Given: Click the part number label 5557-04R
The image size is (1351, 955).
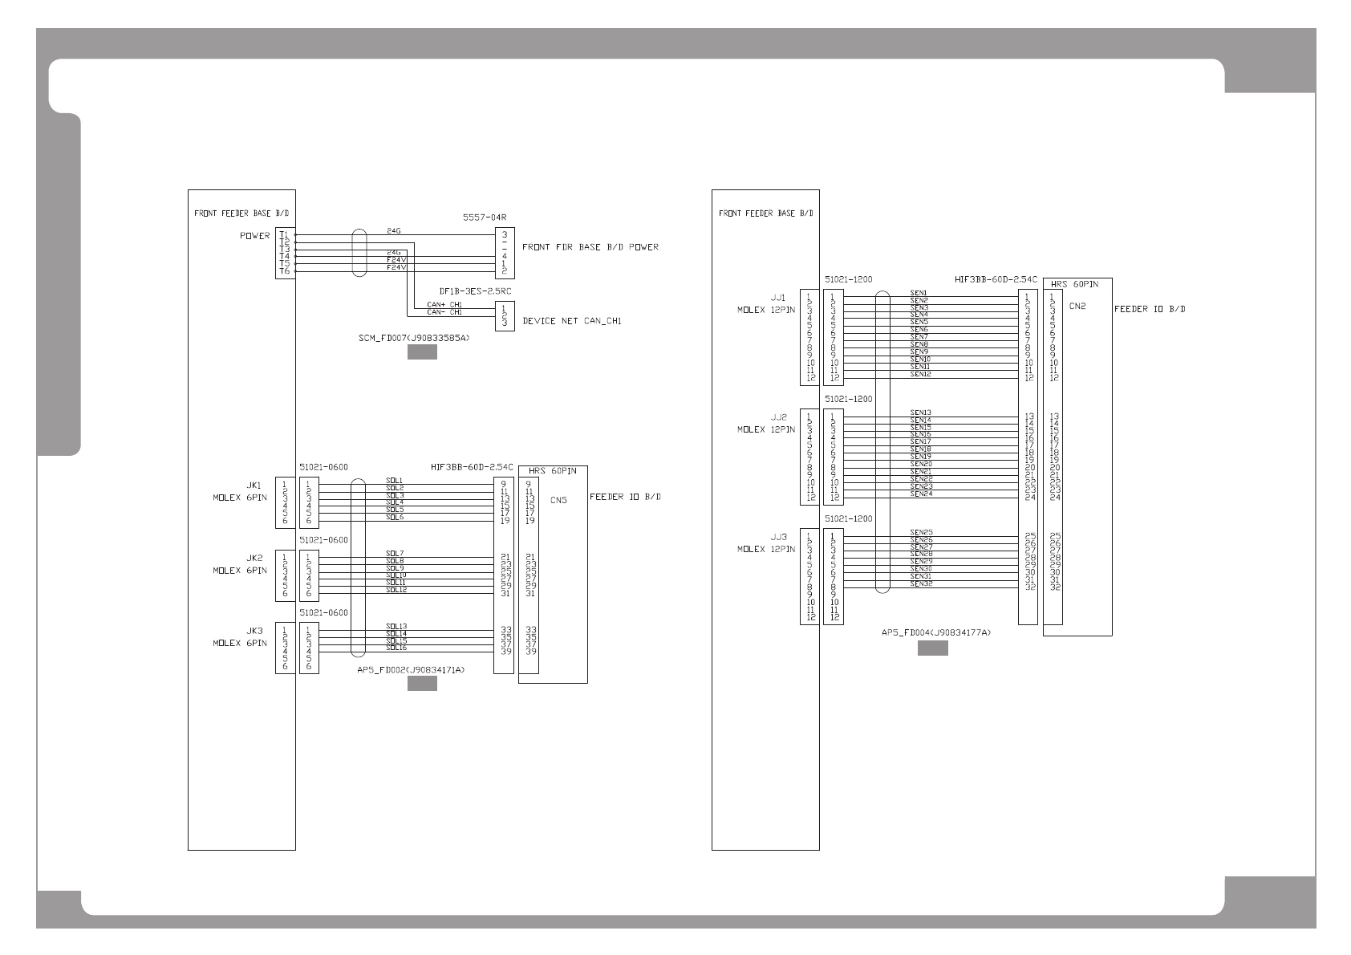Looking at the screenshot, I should [485, 217].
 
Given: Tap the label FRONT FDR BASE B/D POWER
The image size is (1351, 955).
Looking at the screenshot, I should [590, 247].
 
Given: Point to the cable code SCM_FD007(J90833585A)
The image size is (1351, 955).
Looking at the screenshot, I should [414, 339].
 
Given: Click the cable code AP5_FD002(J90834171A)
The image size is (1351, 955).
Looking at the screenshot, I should [411, 669].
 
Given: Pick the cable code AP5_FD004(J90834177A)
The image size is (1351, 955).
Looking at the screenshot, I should [936, 632].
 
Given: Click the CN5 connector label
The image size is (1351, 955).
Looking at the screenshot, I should [558, 500].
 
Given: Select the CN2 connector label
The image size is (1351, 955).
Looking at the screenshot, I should [1077, 306].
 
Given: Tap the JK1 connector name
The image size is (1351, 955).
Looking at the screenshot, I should [254, 486].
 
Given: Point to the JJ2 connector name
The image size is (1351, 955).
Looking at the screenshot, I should [778, 417].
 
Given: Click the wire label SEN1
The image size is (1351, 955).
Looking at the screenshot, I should [919, 293].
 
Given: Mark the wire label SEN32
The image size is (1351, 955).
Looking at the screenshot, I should [920, 583].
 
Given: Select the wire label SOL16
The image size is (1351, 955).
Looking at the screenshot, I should [396, 647].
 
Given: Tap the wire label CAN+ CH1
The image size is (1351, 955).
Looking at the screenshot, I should [444, 305].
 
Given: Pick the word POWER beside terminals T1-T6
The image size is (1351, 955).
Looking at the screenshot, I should [254, 236].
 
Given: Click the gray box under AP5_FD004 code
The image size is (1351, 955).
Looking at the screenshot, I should [932, 648].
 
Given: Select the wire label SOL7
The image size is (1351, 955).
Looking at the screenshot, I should [394, 553].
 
